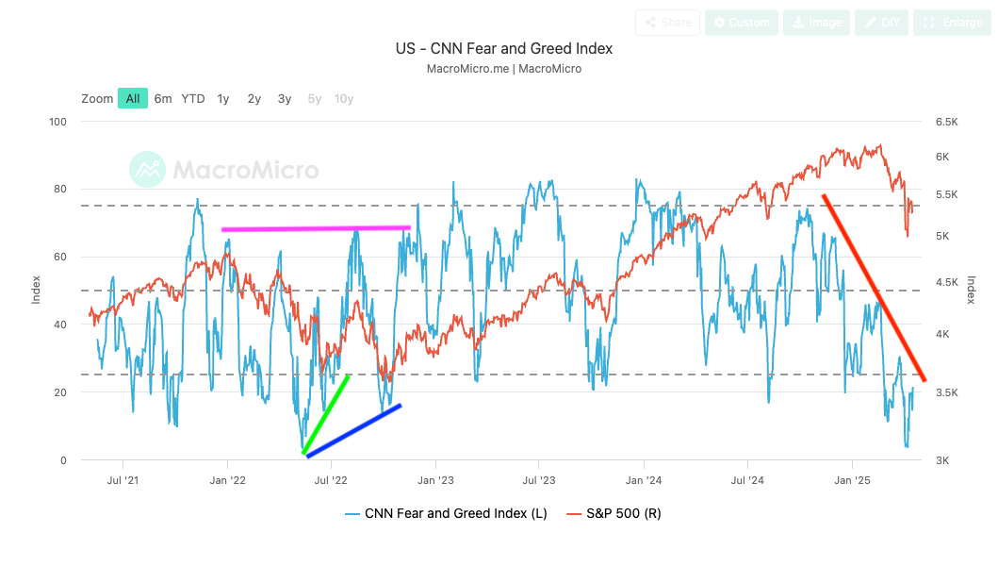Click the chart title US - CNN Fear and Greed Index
[x=503, y=48]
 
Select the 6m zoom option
[x=163, y=98]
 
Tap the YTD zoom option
[x=193, y=98]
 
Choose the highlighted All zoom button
[x=133, y=98]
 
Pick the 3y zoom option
[x=285, y=98]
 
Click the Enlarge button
[x=950, y=23]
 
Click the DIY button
[x=881, y=23]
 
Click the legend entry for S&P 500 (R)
[x=620, y=514]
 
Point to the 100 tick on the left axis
[x=58, y=122]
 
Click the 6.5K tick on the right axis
[x=946, y=122]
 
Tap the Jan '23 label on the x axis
[x=435, y=480]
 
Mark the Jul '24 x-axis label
[x=747, y=480]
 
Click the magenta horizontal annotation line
[x=316, y=228]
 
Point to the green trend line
[x=326, y=414]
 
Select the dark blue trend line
[x=353, y=431]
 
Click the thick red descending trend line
[x=875, y=288]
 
